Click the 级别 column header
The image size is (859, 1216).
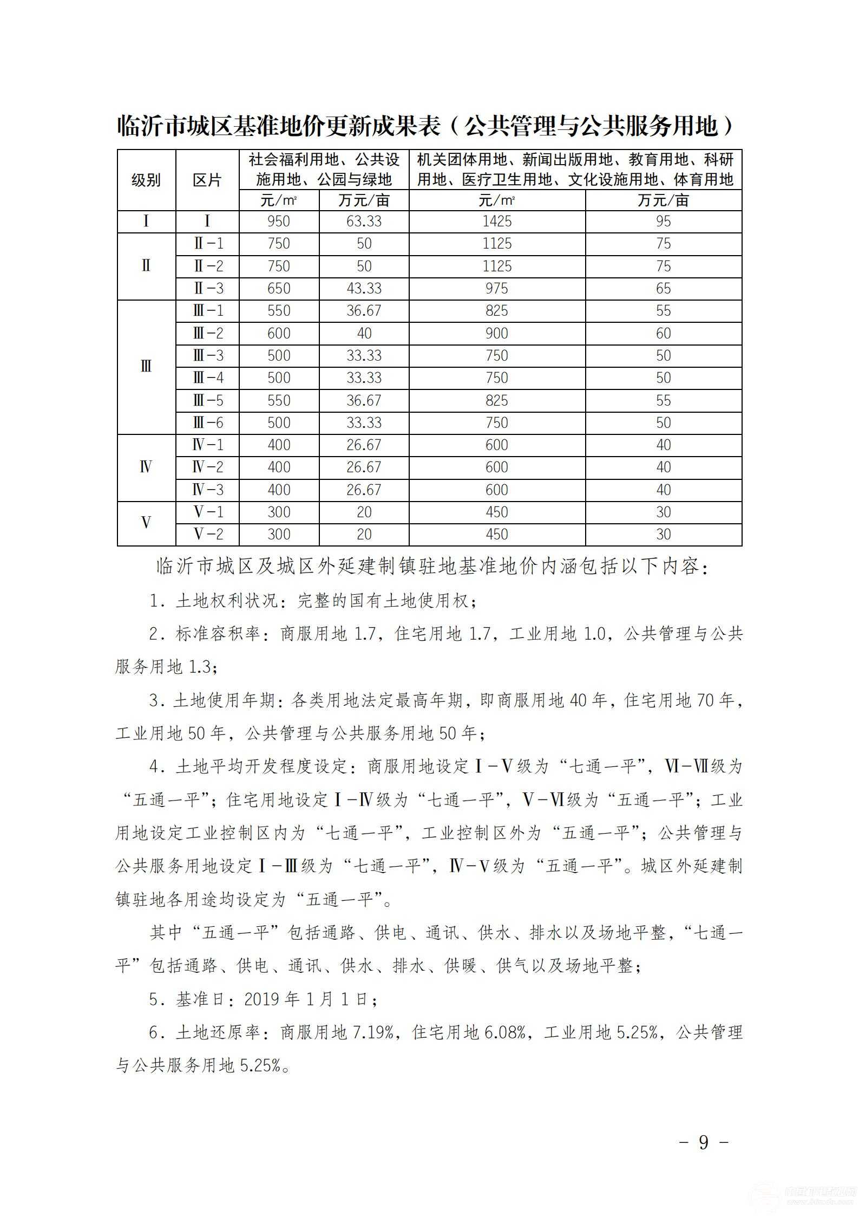[146, 180]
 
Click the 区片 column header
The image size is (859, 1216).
[207, 180]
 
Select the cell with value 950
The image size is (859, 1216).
[279, 222]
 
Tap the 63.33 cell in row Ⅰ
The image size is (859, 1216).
[364, 222]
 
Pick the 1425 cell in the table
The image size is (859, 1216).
[496, 222]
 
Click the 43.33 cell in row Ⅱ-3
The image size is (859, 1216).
[364, 289]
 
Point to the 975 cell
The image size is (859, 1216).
[496, 289]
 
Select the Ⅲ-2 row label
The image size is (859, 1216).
[208, 334]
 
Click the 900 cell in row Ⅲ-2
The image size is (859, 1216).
[496, 334]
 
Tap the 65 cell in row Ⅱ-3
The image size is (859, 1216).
[663, 289]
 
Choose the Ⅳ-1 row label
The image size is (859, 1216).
[208, 445]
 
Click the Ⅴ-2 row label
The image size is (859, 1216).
[208, 535]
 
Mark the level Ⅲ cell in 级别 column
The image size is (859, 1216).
[146, 367]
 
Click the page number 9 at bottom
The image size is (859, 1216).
[704, 1142]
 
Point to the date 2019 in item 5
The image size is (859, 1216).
[263, 999]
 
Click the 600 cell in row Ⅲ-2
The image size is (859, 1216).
[279, 334]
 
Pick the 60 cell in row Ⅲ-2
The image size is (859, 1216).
[663, 334]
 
